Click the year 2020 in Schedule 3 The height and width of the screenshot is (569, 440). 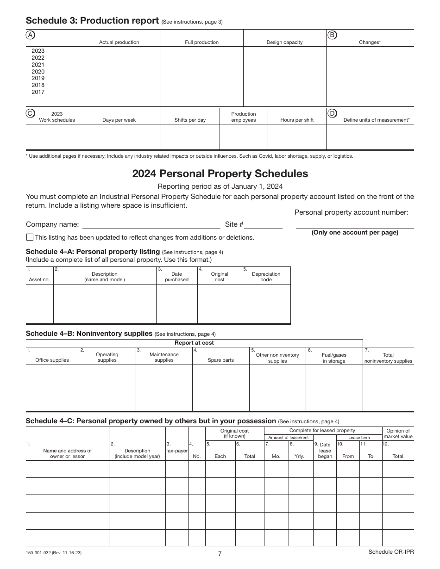pos(38,72)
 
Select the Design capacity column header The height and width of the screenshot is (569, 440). pos(284,42)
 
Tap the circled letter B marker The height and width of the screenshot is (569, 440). pos(332,35)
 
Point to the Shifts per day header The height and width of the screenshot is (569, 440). pos(190,120)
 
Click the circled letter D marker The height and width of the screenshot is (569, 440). pos(332,113)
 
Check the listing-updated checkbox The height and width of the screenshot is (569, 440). pos(30,237)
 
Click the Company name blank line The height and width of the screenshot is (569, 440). pos(151,225)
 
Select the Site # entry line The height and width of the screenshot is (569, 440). pos(263,225)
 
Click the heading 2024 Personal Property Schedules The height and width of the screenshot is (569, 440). pos(220,174)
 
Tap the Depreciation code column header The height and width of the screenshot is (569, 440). pos(266,277)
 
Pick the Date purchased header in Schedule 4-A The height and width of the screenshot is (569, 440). pos(176,277)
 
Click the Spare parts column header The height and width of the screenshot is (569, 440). pos(220,360)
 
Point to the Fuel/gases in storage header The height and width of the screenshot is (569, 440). pos(334,358)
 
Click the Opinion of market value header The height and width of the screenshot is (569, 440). pos(398,433)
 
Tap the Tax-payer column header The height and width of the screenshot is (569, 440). pos(176,450)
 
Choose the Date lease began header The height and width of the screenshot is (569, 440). pos(325,450)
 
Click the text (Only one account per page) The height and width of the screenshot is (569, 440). pos(355,233)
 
